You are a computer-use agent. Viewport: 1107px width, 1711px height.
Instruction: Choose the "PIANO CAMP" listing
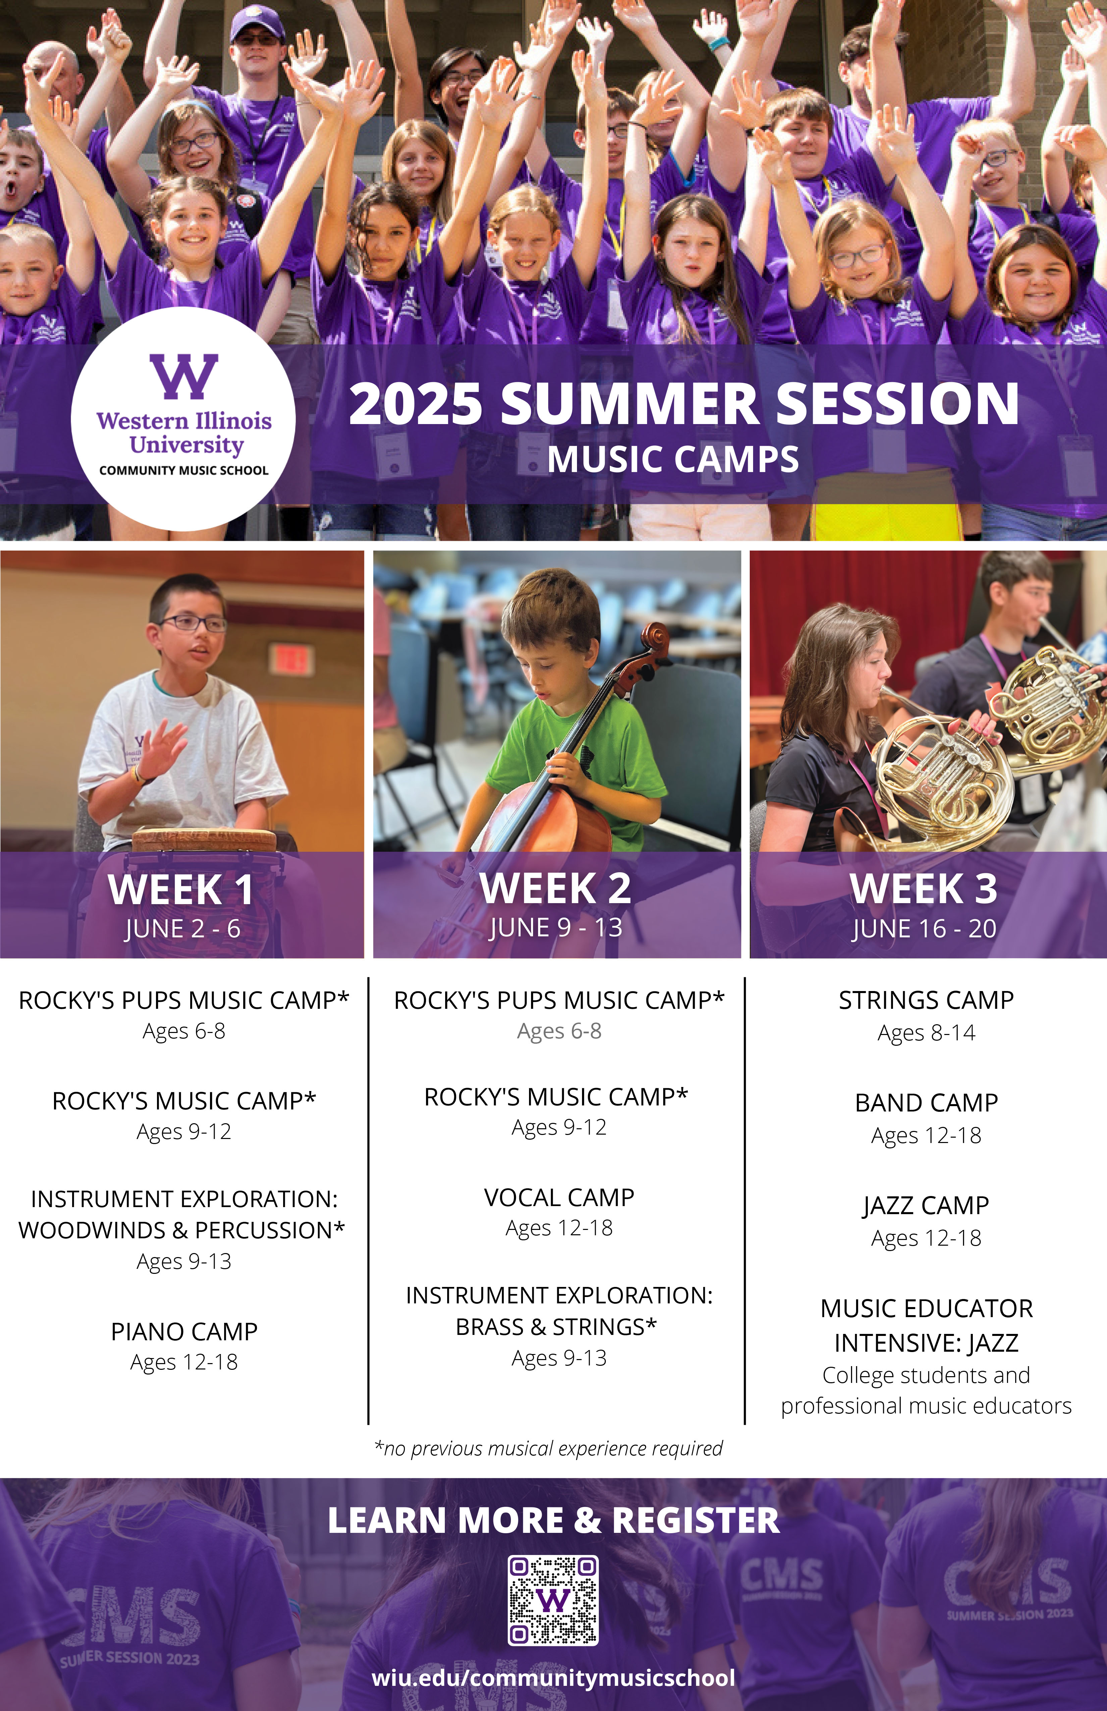point(184,1332)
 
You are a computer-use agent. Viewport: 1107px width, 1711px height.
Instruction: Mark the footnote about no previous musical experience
point(548,1449)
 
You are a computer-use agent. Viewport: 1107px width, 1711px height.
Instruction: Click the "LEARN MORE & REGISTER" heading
point(553,1520)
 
